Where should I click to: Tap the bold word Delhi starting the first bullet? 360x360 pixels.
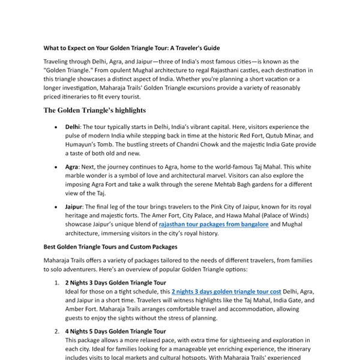[73, 127]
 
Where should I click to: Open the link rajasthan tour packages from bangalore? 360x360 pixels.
[213, 224]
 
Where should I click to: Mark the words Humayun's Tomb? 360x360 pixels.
[88, 145]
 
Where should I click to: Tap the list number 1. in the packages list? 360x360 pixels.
[56, 283]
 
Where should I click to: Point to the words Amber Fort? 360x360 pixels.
[82, 309]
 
